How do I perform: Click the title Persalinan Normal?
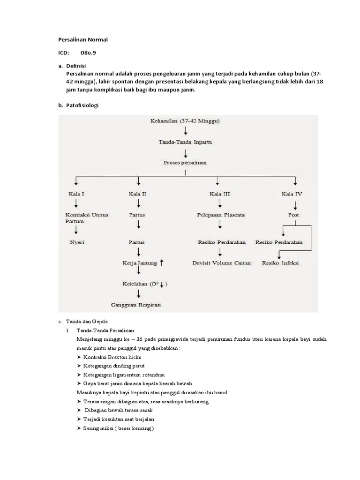(82, 40)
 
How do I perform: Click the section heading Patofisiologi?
(82, 106)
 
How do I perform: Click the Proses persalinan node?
(185, 162)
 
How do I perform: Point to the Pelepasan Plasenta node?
(220, 215)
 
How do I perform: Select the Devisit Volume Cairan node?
(221, 263)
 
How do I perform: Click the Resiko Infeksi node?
(280, 263)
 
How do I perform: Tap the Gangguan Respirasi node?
(136, 305)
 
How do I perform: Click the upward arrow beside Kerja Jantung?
(161, 263)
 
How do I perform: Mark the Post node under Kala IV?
(294, 215)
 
